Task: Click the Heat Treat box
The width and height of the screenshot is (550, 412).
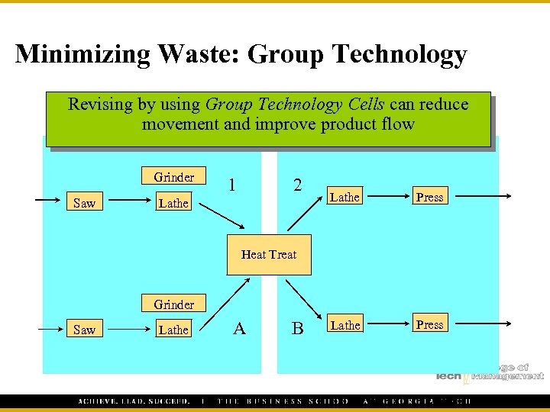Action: coord(269,254)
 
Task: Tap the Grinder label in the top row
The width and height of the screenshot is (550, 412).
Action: coord(173,177)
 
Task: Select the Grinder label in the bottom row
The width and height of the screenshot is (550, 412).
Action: coord(173,304)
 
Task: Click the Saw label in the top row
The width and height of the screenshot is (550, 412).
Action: coord(84,203)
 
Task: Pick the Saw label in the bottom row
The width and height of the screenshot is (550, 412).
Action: coord(84,330)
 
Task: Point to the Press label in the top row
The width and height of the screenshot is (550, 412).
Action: coord(429,197)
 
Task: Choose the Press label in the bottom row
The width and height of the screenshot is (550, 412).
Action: coord(429,324)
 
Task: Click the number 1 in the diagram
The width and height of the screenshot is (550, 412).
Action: coord(232,185)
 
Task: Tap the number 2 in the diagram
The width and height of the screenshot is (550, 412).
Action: coord(297,185)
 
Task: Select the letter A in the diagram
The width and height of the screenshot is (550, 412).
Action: coord(239,328)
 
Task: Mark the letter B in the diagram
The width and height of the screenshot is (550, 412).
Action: coord(297,329)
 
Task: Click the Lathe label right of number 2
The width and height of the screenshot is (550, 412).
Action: coord(345,197)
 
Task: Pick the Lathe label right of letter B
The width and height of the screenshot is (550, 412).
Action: coord(345,325)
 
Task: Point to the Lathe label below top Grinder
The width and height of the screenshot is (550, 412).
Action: coord(173,203)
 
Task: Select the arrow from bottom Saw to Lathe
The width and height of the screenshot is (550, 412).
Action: coord(126,329)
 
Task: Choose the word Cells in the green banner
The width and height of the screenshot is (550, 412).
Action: coord(366,104)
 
